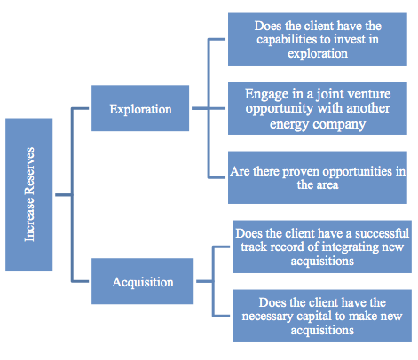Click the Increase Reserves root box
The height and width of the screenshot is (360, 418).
click(29, 195)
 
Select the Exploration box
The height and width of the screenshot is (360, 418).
click(140, 108)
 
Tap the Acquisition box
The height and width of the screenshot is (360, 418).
click(143, 281)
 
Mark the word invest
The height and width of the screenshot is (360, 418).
click(341, 40)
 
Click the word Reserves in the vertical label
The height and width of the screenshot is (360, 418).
click(29, 171)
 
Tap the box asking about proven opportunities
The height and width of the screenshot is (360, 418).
click(318, 177)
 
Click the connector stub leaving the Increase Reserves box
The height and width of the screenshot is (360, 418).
click(63, 195)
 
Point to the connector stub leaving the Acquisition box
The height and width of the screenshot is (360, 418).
click(204, 281)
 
